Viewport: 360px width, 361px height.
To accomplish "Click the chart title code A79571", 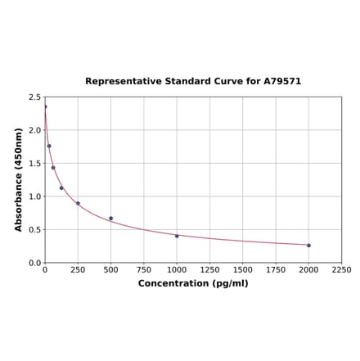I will (x=282, y=82).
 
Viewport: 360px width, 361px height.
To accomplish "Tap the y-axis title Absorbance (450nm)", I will (x=19, y=179).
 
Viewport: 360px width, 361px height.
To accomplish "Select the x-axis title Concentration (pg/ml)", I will (x=193, y=283).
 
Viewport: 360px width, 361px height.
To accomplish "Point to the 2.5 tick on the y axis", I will (x=35, y=97).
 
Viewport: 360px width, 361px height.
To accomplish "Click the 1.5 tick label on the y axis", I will (x=35, y=163).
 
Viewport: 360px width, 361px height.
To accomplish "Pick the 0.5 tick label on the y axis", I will (x=35, y=229).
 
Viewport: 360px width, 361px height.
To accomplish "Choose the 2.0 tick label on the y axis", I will (x=35, y=130).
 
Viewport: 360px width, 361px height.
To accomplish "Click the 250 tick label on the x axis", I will (x=78, y=269).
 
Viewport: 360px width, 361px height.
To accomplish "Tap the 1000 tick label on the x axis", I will (x=177, y=269).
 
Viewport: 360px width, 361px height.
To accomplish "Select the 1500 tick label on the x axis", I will (x=243, y=269).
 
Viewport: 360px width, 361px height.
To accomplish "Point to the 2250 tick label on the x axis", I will (x=341, y=269).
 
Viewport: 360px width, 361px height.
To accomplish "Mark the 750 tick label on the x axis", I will (x=144, y=269).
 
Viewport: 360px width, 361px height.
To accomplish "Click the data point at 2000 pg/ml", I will (x=308, y=245).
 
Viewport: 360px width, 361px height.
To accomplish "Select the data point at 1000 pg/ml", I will (x=177, y=236).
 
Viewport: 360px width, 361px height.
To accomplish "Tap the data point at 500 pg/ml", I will (x=110, y=219).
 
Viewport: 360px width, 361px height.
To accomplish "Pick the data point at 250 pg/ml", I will (x=78, y=203).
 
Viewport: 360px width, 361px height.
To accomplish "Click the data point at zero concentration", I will (x=45, y=106).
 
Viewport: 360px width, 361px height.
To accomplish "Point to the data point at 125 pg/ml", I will (x=61, y=187).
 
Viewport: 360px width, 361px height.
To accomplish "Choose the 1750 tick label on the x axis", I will (x=276, y=269).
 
